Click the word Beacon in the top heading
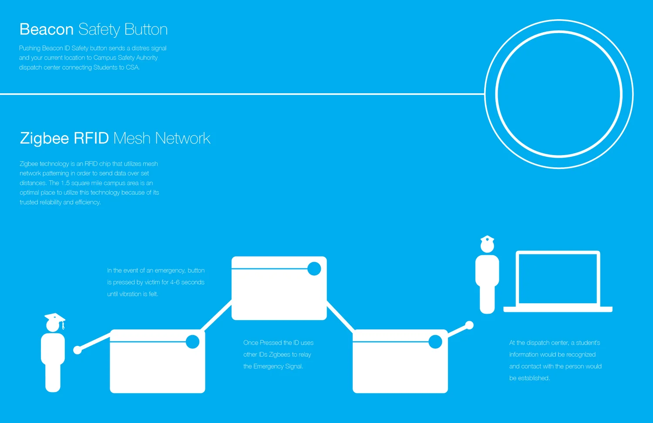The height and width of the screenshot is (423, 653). tap(47, 30)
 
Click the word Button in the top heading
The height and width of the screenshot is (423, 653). tap(146, 30)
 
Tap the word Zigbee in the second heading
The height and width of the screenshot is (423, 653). tap(44, 139)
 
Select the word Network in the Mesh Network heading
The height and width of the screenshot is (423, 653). tap(183, 139)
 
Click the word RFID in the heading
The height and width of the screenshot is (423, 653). tap(91, 139)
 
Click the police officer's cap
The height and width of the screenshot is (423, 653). tap(487, 239)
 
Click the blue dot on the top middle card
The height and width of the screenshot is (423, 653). tap(314, 269)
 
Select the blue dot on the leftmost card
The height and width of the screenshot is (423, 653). tap(192, 342)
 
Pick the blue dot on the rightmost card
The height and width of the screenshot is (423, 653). tap(435, 342)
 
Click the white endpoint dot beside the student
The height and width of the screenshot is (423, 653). tap(77, 350)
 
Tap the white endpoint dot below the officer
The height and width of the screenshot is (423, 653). tap(469, 325)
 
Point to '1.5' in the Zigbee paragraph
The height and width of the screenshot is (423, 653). tap(65, 183)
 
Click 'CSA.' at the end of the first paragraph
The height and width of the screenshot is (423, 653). tap(133, 68)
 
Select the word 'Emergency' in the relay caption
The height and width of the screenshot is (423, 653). tap(268, 366)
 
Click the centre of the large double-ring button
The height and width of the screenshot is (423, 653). tap(559, 94)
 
